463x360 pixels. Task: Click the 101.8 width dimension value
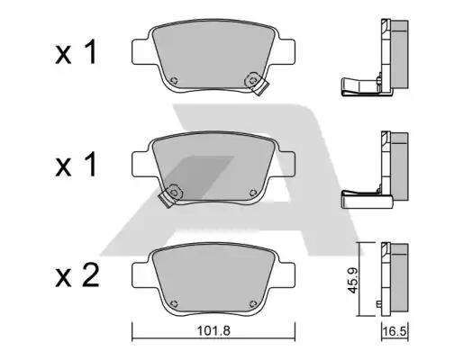213,331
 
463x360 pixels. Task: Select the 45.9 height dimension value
352,280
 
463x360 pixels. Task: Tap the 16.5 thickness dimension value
395,331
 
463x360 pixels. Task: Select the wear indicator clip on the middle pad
170,195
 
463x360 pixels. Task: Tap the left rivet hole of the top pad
174,80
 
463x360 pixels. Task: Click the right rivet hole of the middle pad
253,192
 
